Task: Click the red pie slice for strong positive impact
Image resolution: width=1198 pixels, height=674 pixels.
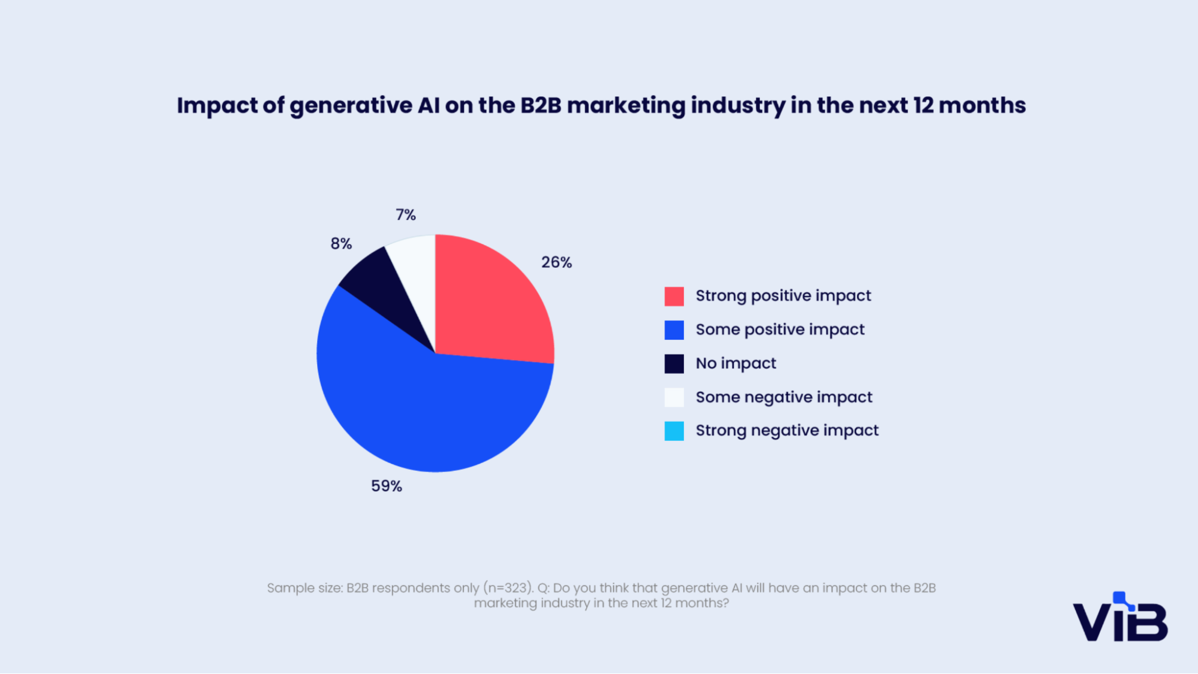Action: [488, 306]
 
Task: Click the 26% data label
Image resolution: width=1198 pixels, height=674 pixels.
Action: [557, 262]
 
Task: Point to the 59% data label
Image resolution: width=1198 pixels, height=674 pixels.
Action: [387, 486]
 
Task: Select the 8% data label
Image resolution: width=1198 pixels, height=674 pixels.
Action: [341, 244]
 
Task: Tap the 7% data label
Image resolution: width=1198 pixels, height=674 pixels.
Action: [406, 214]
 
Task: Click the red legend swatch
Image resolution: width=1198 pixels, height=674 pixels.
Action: [674, 296]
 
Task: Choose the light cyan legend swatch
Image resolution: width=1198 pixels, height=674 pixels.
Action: [674, 431]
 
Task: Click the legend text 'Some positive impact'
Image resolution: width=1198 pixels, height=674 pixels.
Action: [780, 330]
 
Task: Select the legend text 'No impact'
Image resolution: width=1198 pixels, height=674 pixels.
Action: [736, 364]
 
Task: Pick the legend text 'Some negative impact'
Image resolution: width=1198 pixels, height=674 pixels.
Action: [784, 398]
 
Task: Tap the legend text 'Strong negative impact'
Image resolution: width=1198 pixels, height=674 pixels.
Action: [787, 431]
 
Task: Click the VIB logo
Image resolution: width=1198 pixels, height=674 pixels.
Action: [1120, 617]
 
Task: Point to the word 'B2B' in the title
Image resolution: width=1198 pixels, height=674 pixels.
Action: [541, 105]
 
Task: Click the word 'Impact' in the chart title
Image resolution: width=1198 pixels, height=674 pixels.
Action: [216, 106]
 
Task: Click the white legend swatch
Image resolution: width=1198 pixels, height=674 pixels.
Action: [674, 397]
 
